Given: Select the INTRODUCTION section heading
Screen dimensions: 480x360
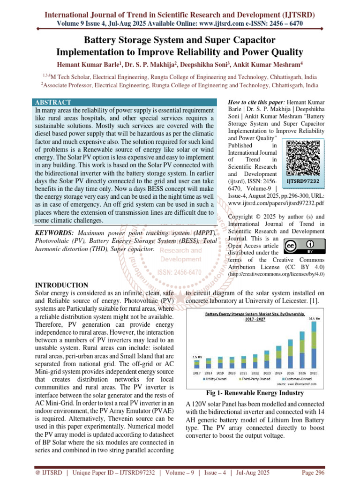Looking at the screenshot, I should tap(62, 285).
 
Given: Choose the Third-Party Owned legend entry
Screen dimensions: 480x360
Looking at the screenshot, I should tap(256, 378).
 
